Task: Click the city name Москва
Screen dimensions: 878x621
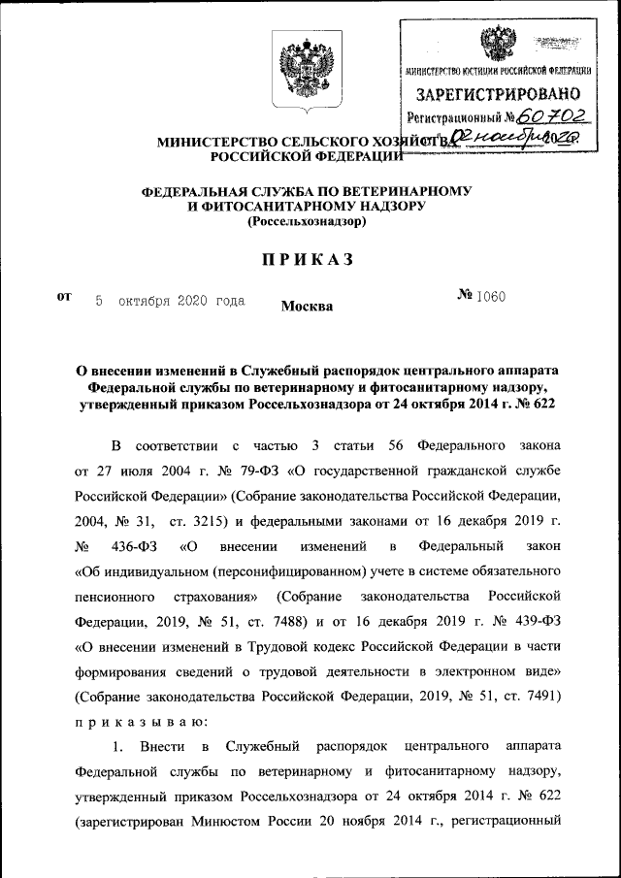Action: click(307, 308)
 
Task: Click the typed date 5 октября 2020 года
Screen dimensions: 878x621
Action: click(169, 301)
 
